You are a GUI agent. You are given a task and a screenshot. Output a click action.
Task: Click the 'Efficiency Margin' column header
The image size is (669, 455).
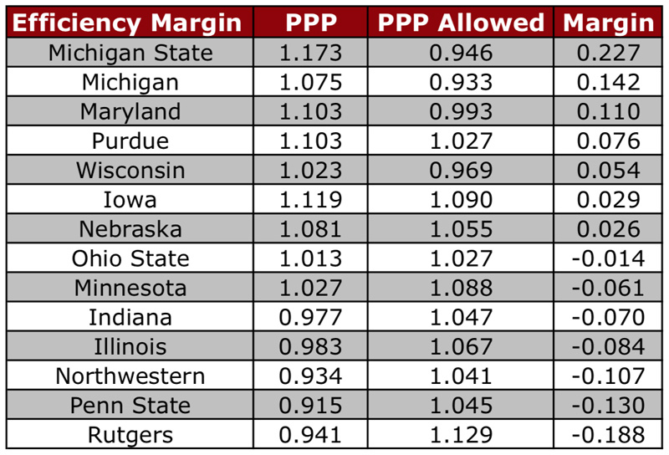tap(127, 23)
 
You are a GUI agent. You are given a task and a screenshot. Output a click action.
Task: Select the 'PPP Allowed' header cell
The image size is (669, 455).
tap(461, 23)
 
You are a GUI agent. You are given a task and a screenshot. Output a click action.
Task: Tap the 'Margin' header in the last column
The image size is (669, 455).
tap(609, 23)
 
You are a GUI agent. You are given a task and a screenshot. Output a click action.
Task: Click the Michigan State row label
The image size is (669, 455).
tap(130, 54)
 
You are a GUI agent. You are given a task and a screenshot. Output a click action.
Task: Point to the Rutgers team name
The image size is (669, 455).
tap(130, 436)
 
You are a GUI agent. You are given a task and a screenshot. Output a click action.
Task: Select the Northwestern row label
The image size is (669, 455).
tap(130, 376)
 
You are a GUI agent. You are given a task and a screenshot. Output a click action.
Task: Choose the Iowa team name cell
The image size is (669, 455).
tap(130, 200)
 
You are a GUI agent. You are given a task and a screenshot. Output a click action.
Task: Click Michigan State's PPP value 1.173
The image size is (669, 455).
tap(310, 53)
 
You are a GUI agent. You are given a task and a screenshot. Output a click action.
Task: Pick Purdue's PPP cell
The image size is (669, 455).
tap(310, 141)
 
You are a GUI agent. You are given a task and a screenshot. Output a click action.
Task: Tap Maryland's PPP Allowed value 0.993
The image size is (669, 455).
tap(461, 112)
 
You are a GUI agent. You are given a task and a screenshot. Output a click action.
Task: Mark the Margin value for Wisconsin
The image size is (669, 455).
tap(609, 171)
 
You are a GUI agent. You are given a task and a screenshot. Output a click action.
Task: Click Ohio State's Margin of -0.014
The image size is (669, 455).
tap(608, 258)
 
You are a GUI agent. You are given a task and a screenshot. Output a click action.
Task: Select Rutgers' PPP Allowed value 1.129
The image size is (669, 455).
tap(461, 435)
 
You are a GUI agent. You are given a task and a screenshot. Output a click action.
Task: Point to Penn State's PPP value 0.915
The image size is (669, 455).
tap(310, 406)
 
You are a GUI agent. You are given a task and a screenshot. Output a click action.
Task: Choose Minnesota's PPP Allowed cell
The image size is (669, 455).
tap(461, 288)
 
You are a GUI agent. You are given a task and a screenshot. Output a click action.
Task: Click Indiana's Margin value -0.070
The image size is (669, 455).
tap(608, 318)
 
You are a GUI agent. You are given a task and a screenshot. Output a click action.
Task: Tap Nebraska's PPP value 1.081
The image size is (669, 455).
tap(310, 229)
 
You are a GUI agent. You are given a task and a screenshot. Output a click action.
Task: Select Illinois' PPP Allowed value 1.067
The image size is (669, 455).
tap(461, 346)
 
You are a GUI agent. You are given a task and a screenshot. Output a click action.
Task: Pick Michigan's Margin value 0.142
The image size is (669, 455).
tap(609, 82)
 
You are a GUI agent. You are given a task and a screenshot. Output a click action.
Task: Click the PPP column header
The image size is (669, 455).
tap(311, 23)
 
